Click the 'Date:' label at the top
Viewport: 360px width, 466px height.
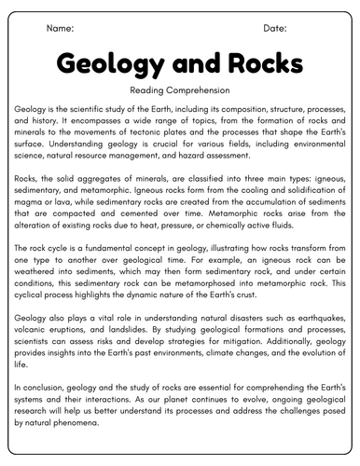(276, 29)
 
